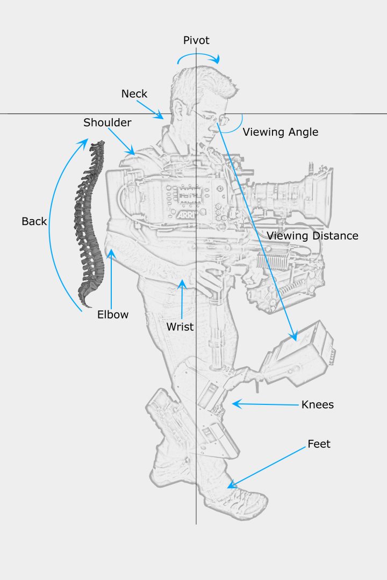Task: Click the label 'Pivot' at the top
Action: click(x=196, y=40)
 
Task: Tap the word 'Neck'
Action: click(x=134, y=93)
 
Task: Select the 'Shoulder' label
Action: click(x=107, y=122)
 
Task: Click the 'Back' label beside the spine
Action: click(x=34, y=221)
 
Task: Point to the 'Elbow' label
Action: click(x=113, y=315)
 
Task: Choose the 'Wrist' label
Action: click(x=180, y=326)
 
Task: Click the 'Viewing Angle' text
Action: click(x=281, y=132)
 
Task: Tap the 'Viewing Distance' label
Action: click(x=312, y=235)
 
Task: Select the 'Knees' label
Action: click(x=318, y=404)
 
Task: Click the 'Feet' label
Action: click(x=319, y=444)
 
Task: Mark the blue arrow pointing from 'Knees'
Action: click(x=263, y=404)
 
